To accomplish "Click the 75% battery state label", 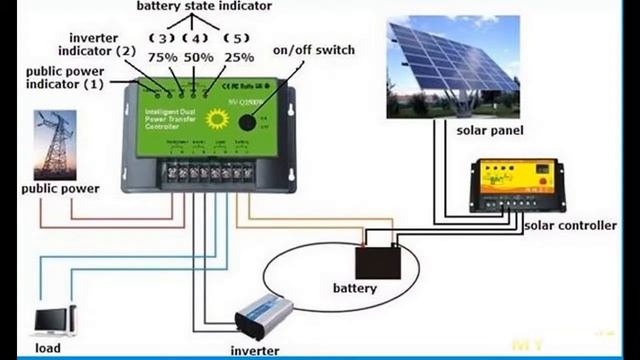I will (x=163, y=58).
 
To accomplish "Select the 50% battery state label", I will (x=199, y=58).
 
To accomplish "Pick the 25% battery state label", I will (x=238, y=58).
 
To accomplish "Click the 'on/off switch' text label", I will (x=312, y=50).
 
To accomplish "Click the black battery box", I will (x=380, y=262).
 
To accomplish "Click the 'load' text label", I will (x=47, y=348).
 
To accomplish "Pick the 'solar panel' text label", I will (x=490, y=131).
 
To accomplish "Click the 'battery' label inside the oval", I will (x=355, y=289).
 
